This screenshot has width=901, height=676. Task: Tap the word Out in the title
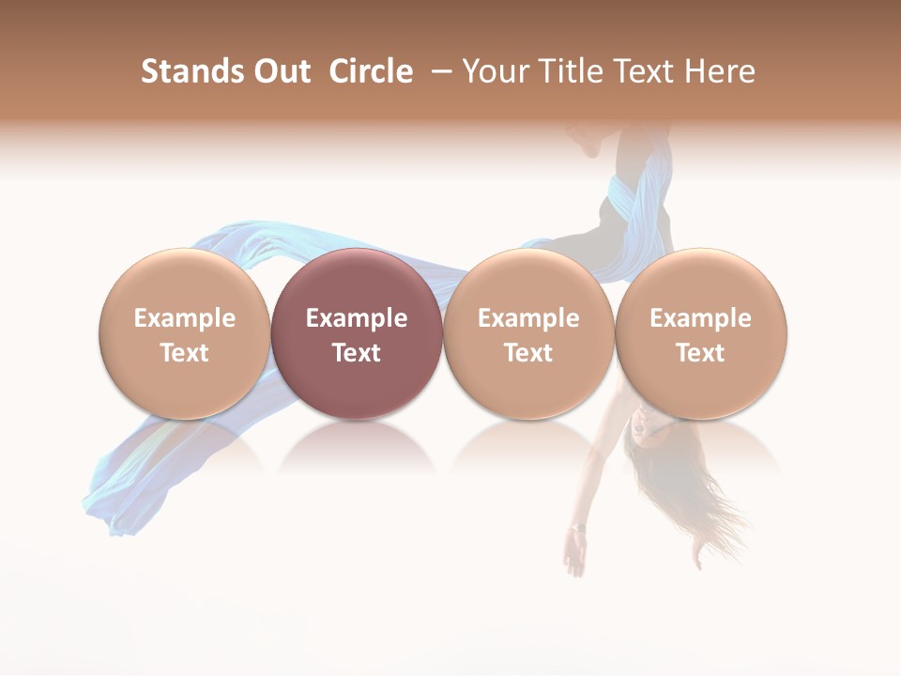280,71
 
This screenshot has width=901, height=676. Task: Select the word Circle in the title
371,71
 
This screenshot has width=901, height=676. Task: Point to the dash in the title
437,71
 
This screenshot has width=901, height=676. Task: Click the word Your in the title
493,71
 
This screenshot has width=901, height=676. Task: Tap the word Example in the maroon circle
357,318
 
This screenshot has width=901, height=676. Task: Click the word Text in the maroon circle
357,353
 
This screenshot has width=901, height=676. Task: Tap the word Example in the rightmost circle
700,318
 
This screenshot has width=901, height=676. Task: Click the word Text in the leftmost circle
184,353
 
